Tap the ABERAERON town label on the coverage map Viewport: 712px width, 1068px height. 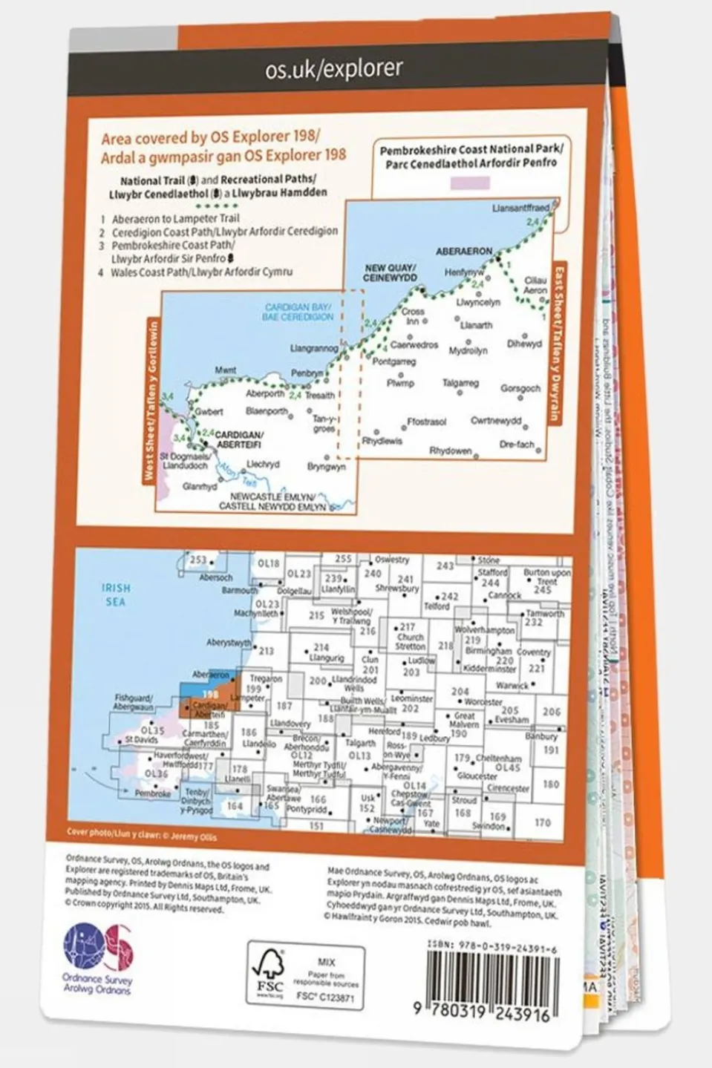click(464, 251)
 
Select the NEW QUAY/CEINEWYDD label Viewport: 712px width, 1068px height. click(391, 272)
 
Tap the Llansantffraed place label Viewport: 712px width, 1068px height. click(521, 209)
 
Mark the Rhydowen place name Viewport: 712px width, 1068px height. click(450, 451)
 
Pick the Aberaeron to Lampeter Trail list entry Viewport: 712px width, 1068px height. click(175, 219)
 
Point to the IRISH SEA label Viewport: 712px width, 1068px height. click(116, 594)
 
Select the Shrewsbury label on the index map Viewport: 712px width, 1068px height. click(397, 588)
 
